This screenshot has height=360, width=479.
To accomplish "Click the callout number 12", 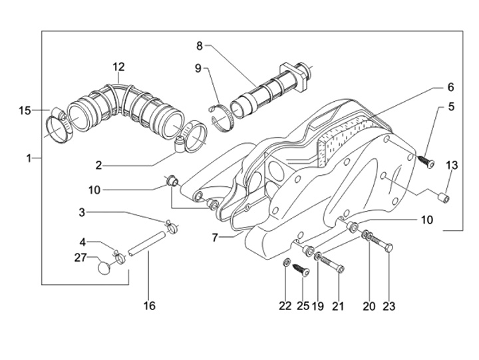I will click(x=118, y=67).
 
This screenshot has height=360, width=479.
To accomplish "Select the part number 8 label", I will click(x=199, y=45).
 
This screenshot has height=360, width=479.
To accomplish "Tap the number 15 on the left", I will click(x=25, y=110).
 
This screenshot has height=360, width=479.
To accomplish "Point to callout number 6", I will click(x=450, y=87).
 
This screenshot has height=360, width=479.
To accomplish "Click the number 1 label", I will click(x=29, y=158).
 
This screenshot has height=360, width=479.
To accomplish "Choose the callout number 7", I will click(x=214, y=237).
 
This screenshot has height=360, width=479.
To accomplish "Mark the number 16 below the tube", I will click(x=149, y=306).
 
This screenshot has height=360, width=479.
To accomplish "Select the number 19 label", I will click(x=318, y=306).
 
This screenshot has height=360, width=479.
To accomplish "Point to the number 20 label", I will click(x=369, y=306).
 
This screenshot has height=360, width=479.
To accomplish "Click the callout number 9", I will click(x=198, y=68).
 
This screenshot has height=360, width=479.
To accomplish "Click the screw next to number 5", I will click(x=426, y=162).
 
